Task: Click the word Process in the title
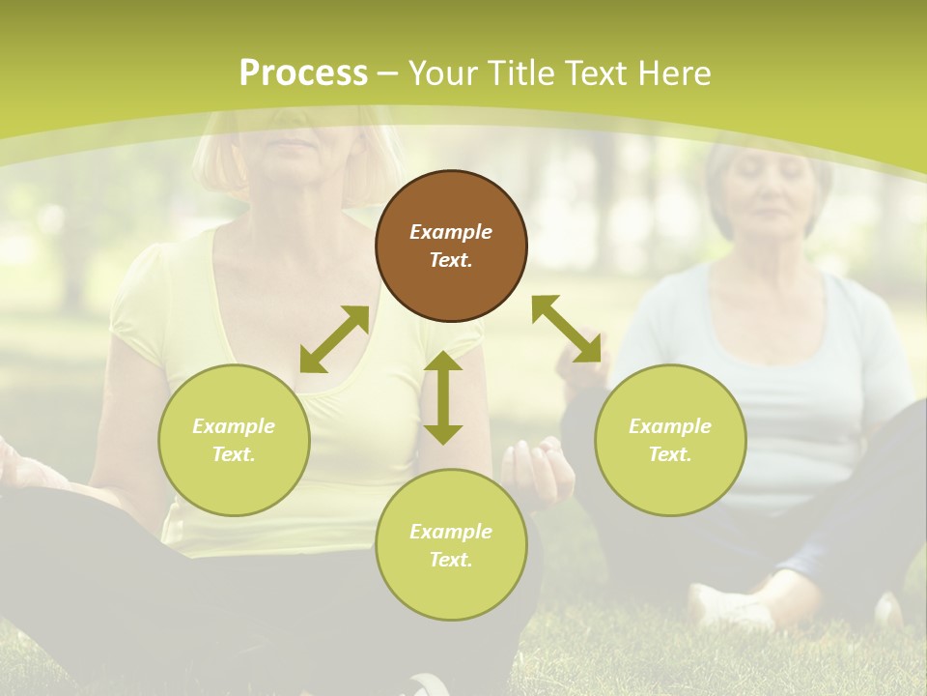[303, 73]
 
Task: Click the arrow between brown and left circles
[334, 339]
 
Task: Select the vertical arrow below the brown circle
[443, 397]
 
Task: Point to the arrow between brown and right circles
[567, 329]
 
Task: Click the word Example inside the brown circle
[451, 232]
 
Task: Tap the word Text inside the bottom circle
[451, 560]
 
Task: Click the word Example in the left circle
[234, 426]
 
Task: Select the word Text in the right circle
[670, 454]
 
